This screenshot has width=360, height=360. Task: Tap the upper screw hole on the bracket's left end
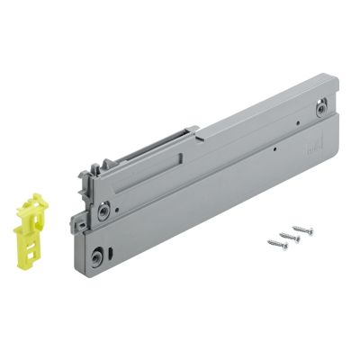pos(106,209)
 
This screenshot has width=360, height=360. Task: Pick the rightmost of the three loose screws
pos(302,229)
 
